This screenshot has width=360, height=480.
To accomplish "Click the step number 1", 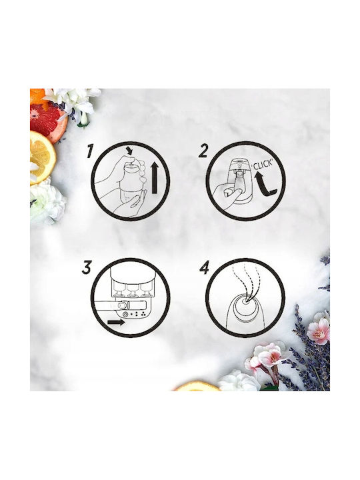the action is [90, 151].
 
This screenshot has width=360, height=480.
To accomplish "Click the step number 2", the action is [203, 151].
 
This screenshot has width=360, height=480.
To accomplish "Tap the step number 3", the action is [87, 267].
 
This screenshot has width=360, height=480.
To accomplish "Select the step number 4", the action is [204, 267].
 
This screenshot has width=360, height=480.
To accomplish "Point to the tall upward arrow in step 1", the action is [155, 178].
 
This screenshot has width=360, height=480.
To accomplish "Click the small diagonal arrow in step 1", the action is [131, 151].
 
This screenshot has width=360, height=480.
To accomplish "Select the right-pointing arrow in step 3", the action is [116, 323].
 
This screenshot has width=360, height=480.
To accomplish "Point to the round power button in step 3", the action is [125, 315].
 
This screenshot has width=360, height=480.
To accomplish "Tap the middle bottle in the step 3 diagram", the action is [132, 289].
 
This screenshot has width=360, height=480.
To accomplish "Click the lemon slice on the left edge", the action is [42, 157].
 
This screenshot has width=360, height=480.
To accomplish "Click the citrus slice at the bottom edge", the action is [197, 387].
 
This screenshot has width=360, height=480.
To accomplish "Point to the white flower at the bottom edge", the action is [238, 381].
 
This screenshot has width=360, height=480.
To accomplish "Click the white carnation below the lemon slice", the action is [47, 201].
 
